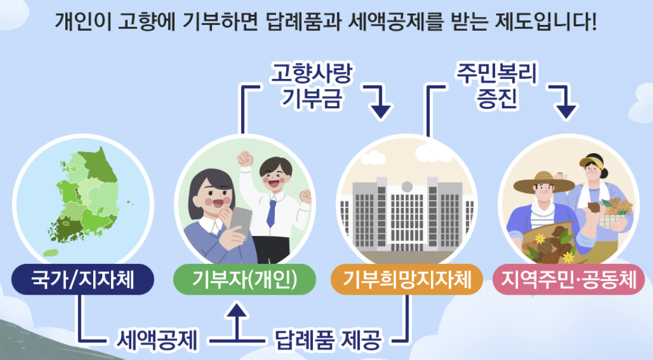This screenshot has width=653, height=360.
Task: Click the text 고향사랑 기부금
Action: (312, 86)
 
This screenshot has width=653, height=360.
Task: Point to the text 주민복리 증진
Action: (496, 86)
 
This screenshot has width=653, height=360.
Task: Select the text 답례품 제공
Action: (328, 341)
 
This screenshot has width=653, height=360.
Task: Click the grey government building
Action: (407, 214)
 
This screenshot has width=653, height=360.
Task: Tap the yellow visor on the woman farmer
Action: (592, 162)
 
